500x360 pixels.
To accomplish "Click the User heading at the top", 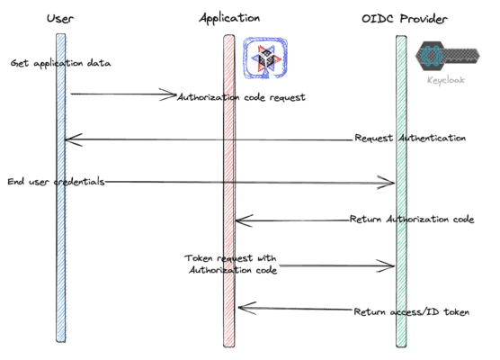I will (60, 18).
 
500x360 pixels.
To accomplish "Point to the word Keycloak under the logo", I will (446, 80).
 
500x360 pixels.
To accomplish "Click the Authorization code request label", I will (242, 97).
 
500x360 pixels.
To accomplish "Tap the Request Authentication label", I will (410, 139).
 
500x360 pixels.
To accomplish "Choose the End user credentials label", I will (56, 181).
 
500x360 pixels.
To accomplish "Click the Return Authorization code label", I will (412, 219).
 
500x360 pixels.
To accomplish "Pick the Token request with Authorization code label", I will (233, 265).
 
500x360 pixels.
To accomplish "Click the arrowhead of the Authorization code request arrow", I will (174, 94).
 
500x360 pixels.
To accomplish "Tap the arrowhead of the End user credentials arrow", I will (392, 184).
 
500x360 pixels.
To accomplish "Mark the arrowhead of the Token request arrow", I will (392, 265).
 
